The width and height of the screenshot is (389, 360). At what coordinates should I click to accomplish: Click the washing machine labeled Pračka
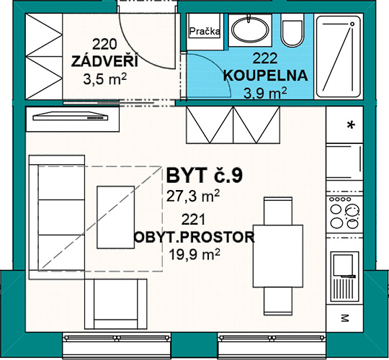click(205, 26)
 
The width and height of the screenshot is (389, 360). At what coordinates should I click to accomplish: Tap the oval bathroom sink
click(250, 30)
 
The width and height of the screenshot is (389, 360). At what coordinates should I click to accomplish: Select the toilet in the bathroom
click(292, 30)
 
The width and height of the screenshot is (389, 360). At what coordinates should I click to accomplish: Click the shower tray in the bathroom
click(339, 57)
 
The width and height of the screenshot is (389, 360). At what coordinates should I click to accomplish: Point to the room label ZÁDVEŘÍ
click(104, 61)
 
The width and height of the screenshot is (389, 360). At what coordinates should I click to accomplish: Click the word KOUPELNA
click(265, 76)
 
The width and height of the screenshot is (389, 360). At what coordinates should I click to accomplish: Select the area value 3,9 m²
click(265, 93)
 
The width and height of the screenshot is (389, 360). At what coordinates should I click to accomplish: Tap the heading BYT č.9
click(204, 176)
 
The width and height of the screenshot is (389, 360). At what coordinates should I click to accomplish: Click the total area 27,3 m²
click(193, 196)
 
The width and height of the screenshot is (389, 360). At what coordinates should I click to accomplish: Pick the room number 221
click(194, 220)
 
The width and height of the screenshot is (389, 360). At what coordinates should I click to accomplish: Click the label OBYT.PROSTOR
click(194, 237)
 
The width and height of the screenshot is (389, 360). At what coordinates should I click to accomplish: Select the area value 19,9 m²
click(194, 254)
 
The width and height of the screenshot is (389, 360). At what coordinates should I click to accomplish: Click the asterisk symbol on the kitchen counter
click(351, 125)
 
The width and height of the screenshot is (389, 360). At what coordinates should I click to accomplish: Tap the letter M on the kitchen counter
click(344, 318)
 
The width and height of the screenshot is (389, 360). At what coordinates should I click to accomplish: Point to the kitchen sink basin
click(343, 265)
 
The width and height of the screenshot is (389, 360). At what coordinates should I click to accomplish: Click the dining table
click(278, 256)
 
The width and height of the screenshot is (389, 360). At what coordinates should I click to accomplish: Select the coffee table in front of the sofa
click(115, 217)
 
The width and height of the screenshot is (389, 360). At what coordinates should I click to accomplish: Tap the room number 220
click(104, 45)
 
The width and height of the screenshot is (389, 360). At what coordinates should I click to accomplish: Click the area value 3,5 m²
click(105, 79)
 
